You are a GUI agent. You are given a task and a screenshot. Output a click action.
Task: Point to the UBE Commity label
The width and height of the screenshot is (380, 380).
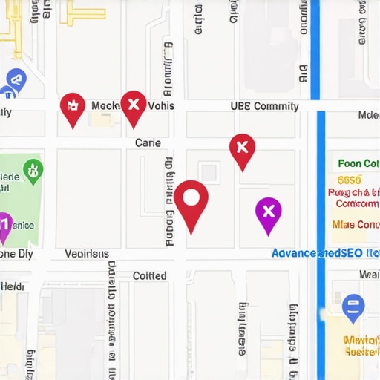coord(264,106)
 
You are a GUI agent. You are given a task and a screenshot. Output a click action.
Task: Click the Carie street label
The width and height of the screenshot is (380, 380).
coord(148,142)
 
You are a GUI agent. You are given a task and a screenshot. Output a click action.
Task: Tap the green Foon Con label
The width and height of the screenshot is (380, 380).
coord(358,164)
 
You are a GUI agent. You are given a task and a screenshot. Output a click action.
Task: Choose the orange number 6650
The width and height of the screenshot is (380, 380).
coord(349,180)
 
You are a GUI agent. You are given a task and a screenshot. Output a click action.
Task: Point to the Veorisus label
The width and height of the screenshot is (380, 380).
coord(87,254)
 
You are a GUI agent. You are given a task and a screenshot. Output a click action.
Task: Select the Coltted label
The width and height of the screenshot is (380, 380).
coord(149,275)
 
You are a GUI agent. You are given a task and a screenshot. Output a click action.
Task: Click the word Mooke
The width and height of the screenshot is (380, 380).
coord(105,106)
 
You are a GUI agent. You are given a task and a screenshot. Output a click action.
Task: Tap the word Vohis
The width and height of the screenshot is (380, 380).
coord(160,106)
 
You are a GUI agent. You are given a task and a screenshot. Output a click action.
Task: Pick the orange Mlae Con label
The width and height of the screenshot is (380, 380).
coord(356,224)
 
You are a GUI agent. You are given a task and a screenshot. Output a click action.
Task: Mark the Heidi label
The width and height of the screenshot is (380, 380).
coord(12,286)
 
